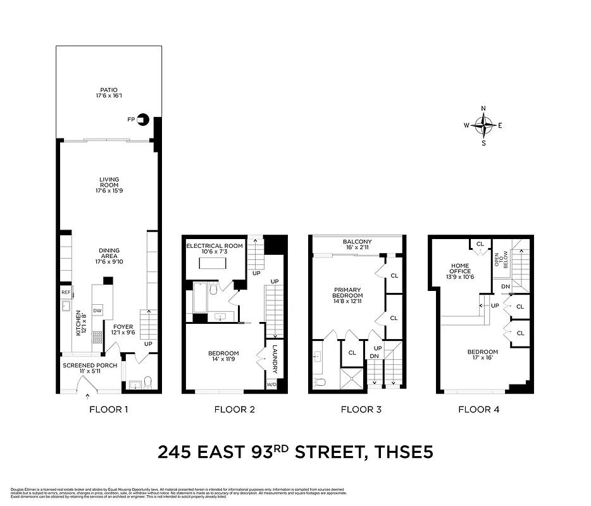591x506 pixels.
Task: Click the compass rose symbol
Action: pyautogui.click(x=483, y=125)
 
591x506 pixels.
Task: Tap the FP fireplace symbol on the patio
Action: pyautogui.click(x=142, y=118)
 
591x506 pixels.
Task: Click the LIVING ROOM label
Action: pyautogui.click(x=109, y=182)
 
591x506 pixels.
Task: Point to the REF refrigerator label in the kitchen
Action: pyautogui.click(x=66, y=292)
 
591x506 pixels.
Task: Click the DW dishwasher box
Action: pyautogui.click(x=98, y=311)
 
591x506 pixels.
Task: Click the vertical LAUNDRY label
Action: pyautogui.click(x=275, y=359)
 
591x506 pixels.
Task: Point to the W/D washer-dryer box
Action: pyautogui.click(x=272, y=384)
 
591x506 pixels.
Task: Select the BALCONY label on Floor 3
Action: pyautogui.click(x=357, y=242)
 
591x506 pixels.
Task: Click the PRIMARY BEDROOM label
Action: pyautogui.click(x=348, y=295)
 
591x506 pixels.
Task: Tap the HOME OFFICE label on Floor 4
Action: pyautogui.click(x=460, y=268)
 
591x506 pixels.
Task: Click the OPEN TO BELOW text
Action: pyautogui.click(x=501, y=260)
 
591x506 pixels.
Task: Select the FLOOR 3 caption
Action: pyautogui.click(x=361, y=409)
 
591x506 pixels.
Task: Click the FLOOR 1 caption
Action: pyautogui.click(x=108, y=409)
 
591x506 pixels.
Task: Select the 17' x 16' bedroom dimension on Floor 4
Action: pyautogui.click(x=482, y=359)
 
